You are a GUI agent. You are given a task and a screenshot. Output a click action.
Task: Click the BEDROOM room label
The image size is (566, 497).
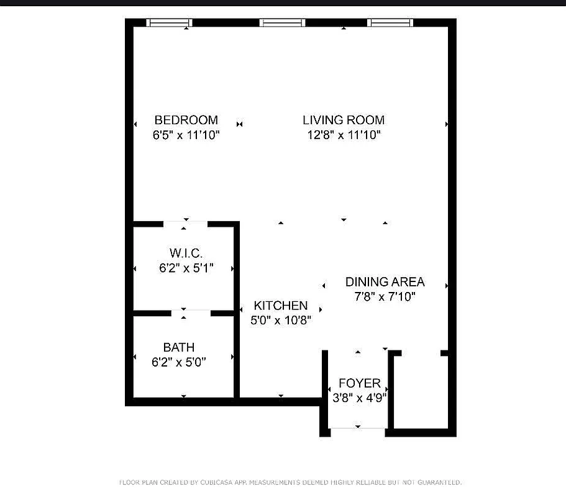(186, 120)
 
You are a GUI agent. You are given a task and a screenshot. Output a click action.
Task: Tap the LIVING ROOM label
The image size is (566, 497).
(344, 120)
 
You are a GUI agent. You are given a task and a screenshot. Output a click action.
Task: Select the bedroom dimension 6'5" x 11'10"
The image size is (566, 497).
(186, 135)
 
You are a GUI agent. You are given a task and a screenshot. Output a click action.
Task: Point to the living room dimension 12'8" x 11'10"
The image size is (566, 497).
(344, 135)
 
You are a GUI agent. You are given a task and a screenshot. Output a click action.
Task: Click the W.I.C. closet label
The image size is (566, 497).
(186, 253)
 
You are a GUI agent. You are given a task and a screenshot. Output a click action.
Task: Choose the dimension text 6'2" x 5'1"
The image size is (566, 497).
(186, 268)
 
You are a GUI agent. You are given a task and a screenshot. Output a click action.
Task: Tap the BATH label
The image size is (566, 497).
(178, 347)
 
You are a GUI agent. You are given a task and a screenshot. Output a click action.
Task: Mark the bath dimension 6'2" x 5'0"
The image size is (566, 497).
(178, 362)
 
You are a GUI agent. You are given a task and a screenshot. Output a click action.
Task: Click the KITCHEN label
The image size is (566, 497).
(280, 305)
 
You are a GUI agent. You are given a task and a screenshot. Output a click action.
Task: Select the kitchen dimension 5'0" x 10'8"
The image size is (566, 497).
(280, 320)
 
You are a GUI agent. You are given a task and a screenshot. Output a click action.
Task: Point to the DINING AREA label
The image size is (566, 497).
(385, 282)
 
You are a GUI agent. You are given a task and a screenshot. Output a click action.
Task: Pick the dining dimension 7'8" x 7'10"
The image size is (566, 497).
(385, 297)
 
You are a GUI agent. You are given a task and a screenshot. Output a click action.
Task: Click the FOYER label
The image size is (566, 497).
(359, 383)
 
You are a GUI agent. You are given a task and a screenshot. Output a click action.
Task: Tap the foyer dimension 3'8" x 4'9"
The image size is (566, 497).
(359, 398)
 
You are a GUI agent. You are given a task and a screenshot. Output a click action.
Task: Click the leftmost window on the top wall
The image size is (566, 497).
(169, 23)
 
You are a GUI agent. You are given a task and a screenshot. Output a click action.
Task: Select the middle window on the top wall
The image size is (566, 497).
(283, 23)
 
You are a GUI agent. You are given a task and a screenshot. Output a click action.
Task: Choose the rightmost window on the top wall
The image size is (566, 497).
(390, 23)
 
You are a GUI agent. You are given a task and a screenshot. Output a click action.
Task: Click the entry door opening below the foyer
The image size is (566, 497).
(358, 428)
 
